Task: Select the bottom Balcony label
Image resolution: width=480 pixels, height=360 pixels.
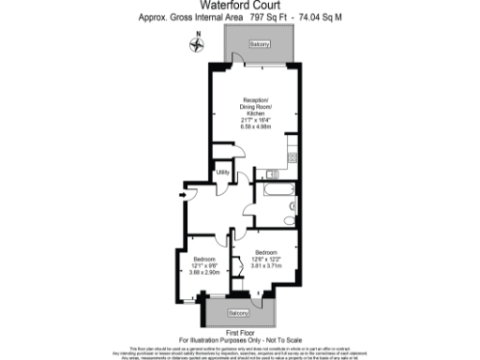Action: pos(241,311)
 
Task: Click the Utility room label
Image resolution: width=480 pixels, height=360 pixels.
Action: pos(223,172)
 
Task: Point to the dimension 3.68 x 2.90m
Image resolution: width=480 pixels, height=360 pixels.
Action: pos(205,272)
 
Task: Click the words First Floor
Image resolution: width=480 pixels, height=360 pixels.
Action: pos(240,331)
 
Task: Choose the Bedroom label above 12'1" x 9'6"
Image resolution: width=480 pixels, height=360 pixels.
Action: pos(205,259)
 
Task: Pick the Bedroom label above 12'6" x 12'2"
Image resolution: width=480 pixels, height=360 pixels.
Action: pos(275,252)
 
